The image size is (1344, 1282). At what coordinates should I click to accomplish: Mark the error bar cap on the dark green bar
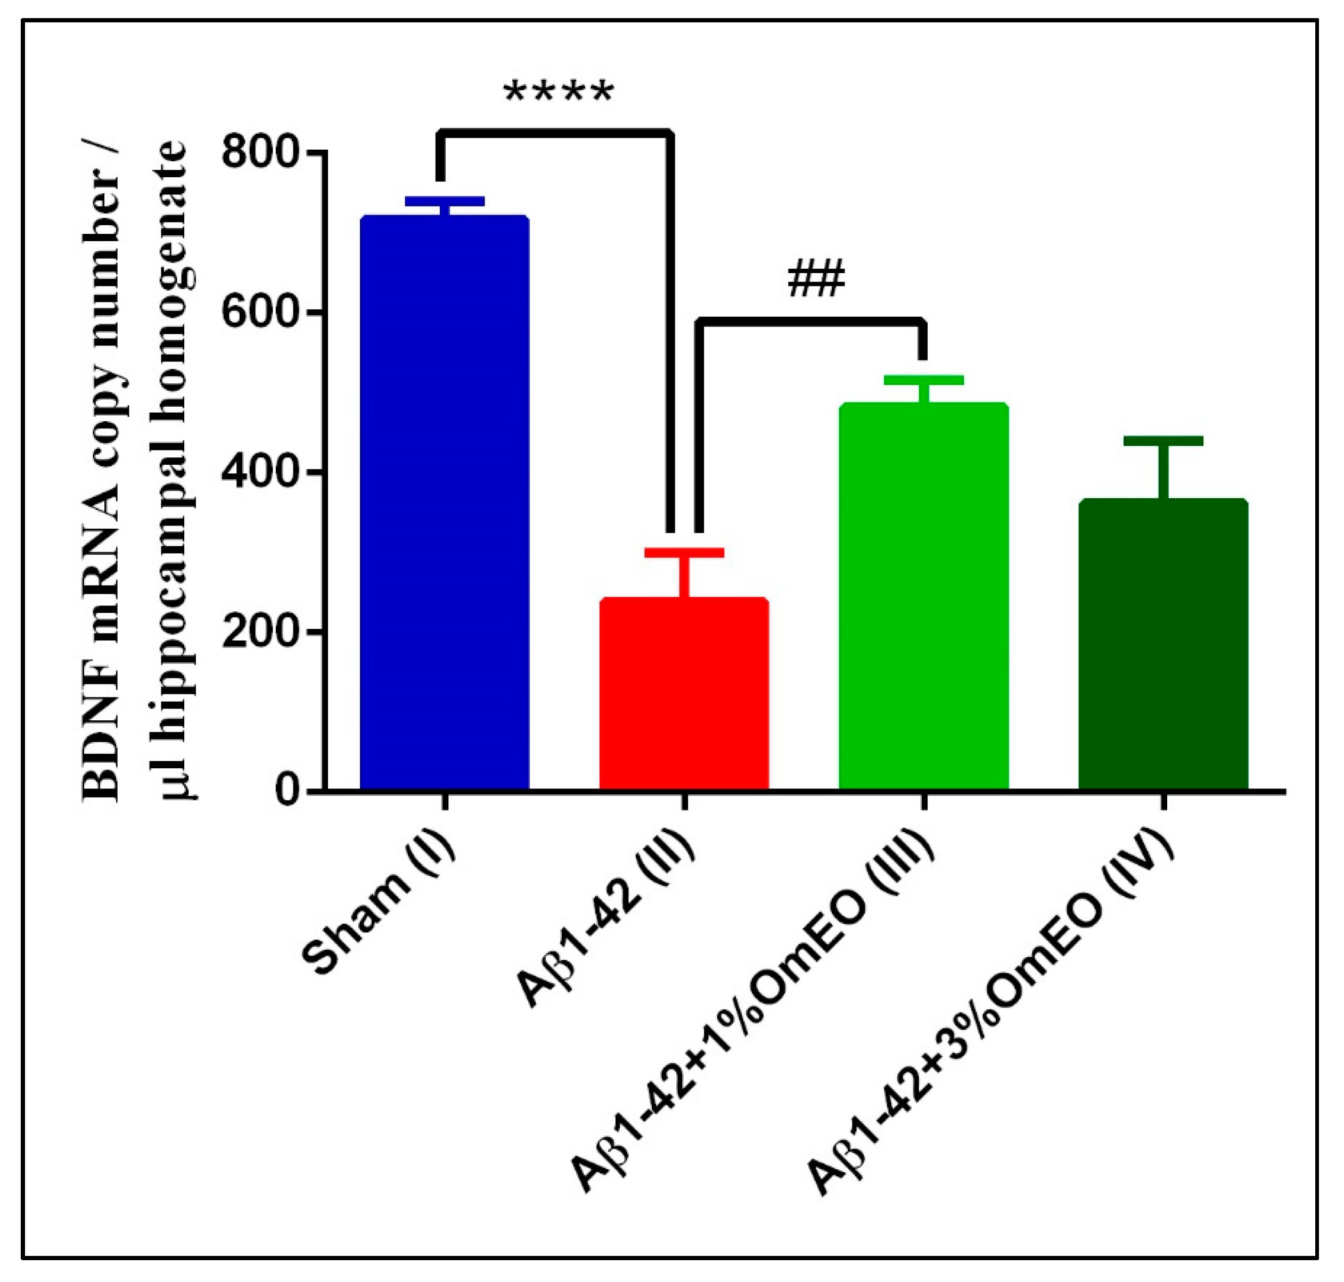[1163, 441]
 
